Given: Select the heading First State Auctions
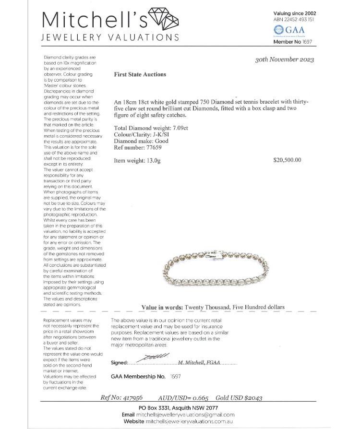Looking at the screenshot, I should tap(140, 74).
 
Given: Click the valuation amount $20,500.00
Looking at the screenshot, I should tap(287, 160).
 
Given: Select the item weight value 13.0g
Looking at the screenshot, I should tap(151, 160).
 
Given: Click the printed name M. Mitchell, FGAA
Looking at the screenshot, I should tap(199, 363).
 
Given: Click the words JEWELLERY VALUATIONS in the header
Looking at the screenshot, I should tap(110, 37).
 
